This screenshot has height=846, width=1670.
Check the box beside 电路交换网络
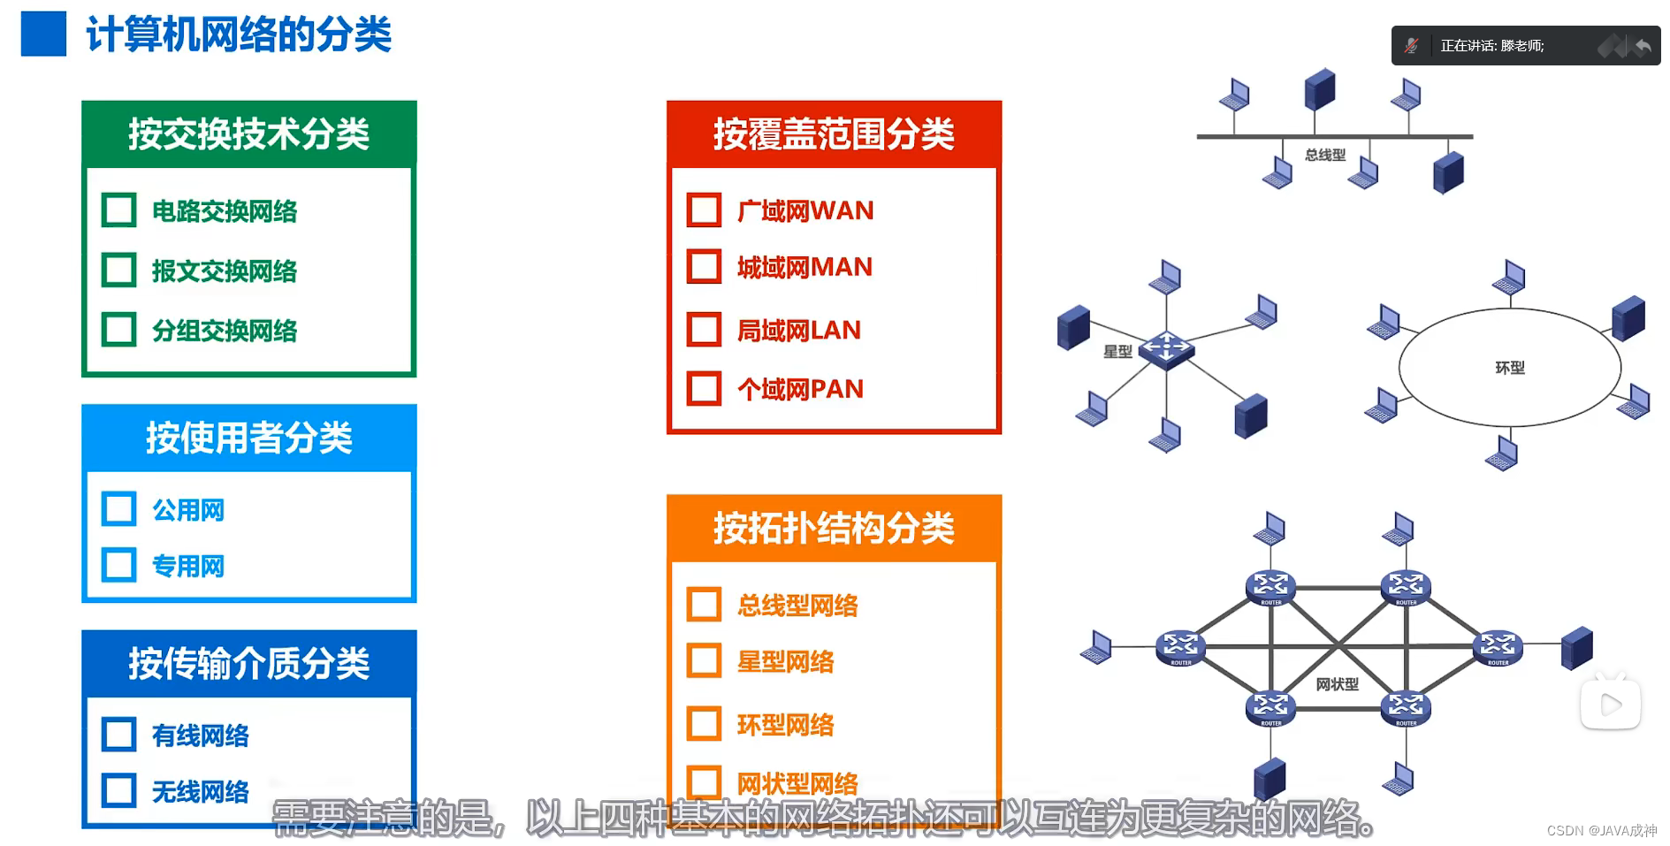[119, 210]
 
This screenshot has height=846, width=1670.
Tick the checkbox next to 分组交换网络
[119, 330]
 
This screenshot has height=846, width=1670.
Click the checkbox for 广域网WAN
[704, 210]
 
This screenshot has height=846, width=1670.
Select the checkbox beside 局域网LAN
[704, 330]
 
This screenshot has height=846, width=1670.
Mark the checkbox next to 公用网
[119, 509]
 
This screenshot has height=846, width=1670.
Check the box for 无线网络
[119, 790]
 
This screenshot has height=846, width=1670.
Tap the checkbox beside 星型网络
[704, 661]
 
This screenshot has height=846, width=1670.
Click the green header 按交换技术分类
[248, 134]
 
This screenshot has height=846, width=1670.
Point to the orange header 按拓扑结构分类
[834, 528]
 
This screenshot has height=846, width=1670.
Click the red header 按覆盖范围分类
[834, 134]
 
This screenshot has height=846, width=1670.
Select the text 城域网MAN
[804, 267]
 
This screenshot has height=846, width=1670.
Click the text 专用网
[188, 566]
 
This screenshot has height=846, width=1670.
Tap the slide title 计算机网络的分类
[239, 35]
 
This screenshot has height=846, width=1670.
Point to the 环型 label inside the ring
[1509, 368]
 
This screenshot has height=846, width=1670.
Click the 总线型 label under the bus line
[1324, 156]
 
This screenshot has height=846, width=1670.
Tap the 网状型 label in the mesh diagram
[1337, 684]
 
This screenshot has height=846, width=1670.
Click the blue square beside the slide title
[43, 34]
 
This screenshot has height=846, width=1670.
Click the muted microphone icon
[1412, 46]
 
